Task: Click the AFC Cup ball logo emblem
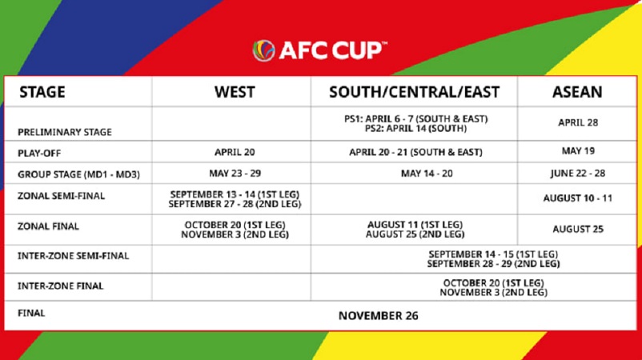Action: pos(263,50)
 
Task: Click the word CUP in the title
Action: pos(357,50)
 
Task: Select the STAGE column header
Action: pos(42,92)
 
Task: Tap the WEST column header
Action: pos(235,92)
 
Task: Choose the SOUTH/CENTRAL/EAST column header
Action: pos(415,92)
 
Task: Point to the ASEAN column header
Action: pos(577,92)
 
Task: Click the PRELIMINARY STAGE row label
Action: pos(65,132)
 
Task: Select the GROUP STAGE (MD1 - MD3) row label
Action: pos(78,174)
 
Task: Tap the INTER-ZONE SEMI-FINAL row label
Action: pos(74,256)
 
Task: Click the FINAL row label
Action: pos(31,314)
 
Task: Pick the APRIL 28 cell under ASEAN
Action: pos(578,122)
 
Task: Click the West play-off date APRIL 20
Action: pos(235,152)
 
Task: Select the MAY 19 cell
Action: pos(578,151)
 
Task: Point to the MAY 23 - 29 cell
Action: pos(235,174)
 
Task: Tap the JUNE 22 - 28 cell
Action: pos(578,174)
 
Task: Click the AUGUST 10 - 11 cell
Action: pos(578,198)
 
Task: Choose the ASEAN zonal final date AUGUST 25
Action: pos(578,229)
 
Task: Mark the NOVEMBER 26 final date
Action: pos(379,316)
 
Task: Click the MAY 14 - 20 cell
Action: pos(427,174)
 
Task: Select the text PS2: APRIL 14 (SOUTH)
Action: pos(415,129)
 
